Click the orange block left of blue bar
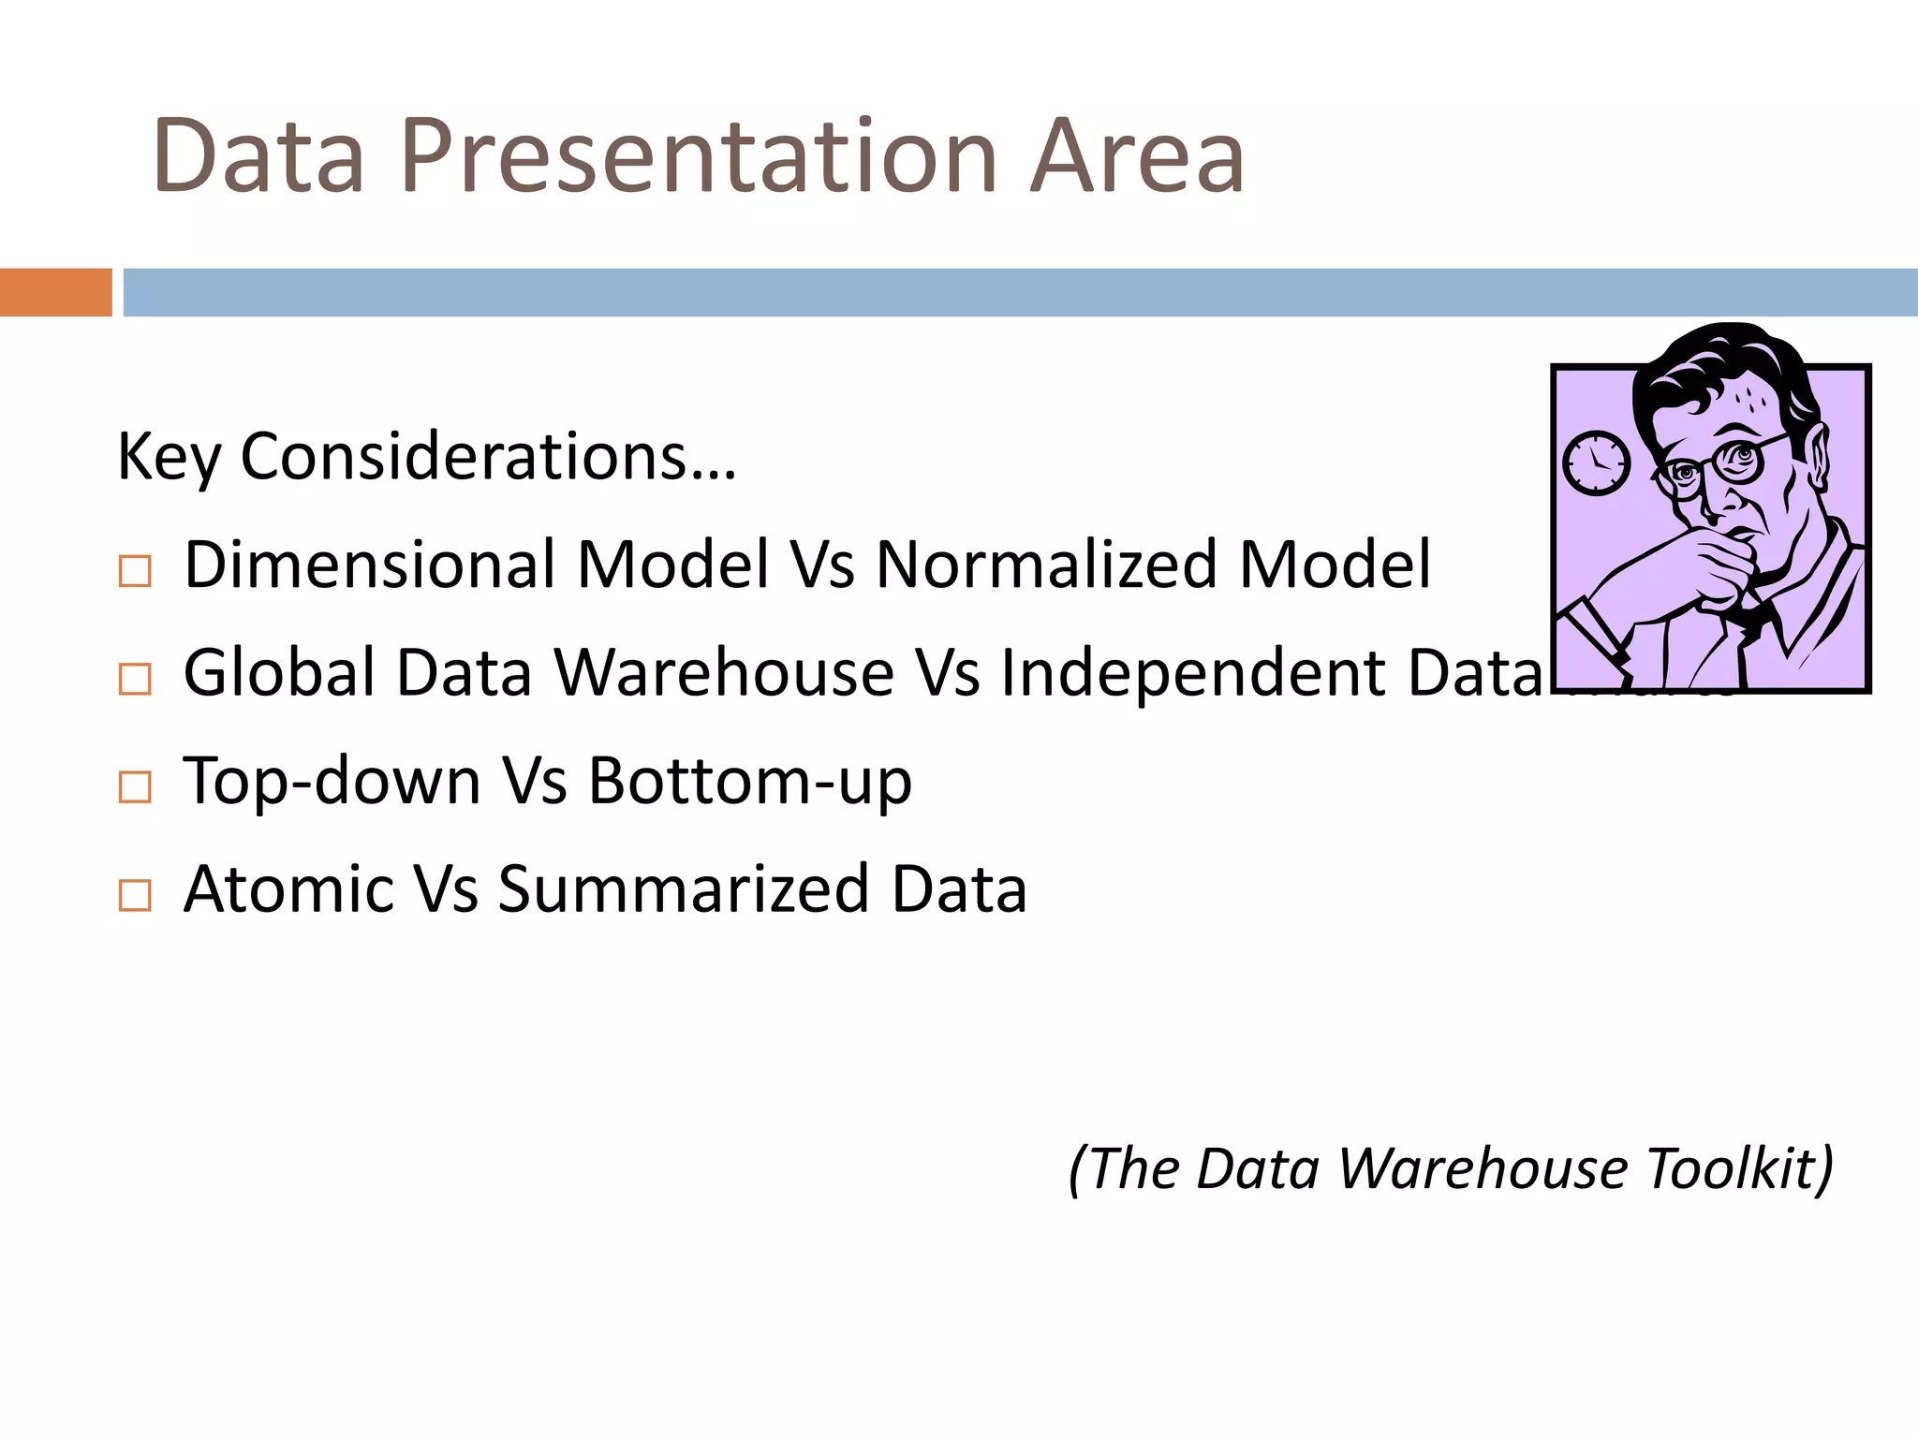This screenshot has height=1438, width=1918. click(x=55, y=292)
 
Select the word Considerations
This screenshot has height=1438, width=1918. click(x=487, y=458)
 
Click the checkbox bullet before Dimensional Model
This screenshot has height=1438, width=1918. click(x=135, y=571)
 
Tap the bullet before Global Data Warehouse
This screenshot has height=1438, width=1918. click(x=135, y=679)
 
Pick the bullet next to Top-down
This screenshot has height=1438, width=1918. click(x=135, y=787)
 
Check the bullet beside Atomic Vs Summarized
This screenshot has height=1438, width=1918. click(x=135, y=895)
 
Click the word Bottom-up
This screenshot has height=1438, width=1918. click(x=749, y=782)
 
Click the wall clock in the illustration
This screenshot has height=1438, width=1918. click(x=1596, y=462)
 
